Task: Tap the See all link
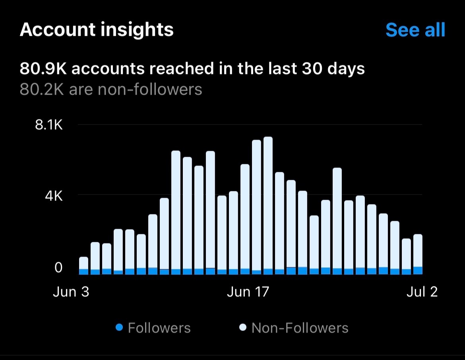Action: [x=415, y=30]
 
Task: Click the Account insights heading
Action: [x=97, y=30]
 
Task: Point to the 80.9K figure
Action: [x=44, y=69]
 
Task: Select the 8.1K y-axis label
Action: [x=49, y=125]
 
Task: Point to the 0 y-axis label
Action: [x=58, y=267]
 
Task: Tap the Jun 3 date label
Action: [x=71, y=292]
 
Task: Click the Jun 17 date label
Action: [x=248, y=292]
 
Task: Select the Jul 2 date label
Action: [x=422, y=292]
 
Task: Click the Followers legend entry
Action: [x=159, y=328]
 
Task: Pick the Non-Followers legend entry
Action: [x=300, y=328]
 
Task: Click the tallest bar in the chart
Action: [x=268, y=205]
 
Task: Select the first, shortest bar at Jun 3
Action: [x=83, y=265]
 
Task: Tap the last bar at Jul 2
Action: [x=418, y=254]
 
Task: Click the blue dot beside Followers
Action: [x=119, y=328]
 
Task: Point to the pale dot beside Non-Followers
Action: [x=243, y=328]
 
